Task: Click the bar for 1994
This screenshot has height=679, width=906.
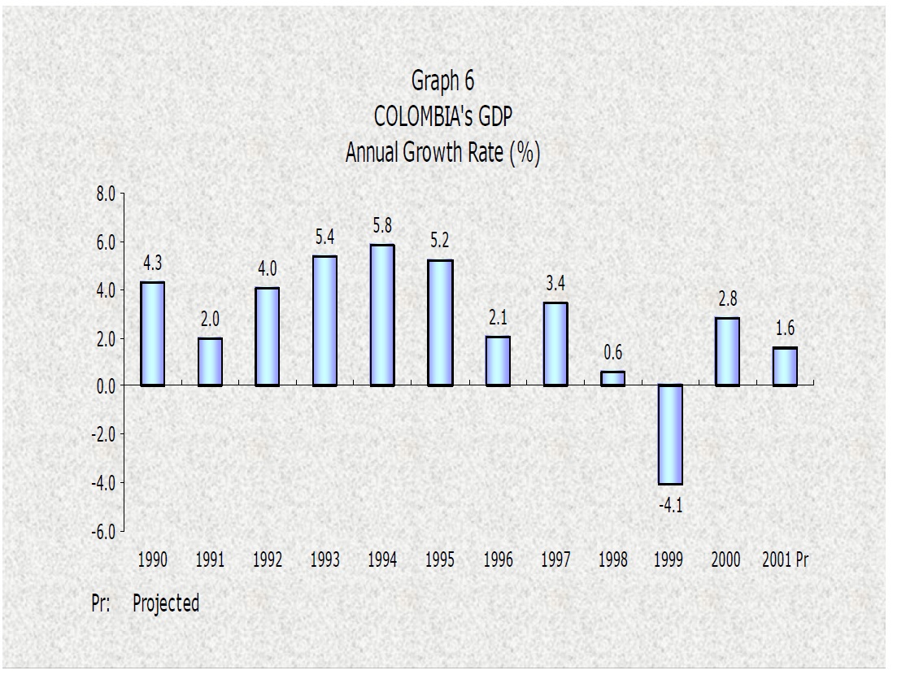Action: tap(382, 315)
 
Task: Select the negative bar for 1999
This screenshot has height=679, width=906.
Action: tap(670, 434)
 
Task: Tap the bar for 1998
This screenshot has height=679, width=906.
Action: tap(612, 378)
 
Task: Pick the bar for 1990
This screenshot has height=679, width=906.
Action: tap(152, 333)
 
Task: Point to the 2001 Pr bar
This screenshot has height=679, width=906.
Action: tap(785, 366)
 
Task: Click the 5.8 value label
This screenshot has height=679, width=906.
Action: tap(382, 226)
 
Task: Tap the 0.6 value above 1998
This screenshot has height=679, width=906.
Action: tap(612, 353)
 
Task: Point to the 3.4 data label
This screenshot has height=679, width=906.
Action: tap(555, 284)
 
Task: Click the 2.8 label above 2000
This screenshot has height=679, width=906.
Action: tap(727, 299)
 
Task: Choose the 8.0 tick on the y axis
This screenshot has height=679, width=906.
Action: tap(107, 194)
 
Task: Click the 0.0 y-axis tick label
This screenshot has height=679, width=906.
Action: tap(107, 386)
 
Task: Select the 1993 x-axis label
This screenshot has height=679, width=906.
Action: tap(325, 559)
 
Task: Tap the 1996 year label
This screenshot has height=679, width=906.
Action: tap(498, 559)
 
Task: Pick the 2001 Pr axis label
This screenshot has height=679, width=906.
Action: tap(786, 559)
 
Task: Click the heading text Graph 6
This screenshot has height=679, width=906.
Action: tap(442, 81)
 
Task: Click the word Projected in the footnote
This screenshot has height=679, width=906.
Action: tap(166, 603)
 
